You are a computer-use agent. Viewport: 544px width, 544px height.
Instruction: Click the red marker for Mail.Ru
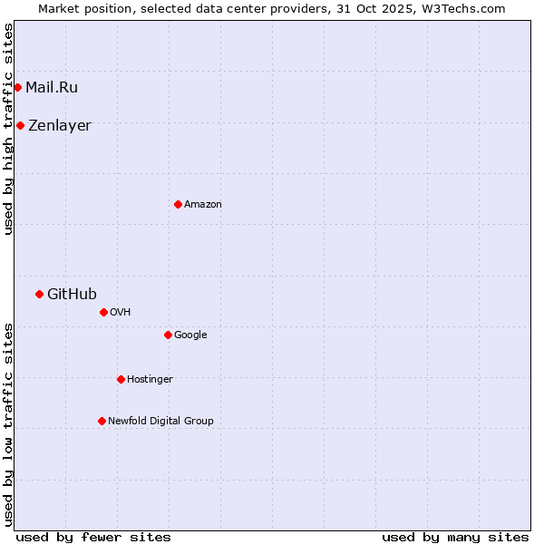click(17, 87)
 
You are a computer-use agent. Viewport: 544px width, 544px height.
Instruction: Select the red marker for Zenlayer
click(20, 125)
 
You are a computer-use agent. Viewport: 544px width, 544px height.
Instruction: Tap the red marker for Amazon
click(178, 204)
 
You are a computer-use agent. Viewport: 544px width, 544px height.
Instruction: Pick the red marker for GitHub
click(39, 294)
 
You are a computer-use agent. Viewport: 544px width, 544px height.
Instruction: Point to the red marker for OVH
click(103, 312)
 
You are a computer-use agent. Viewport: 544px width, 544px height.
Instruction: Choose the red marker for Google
click(168, 335)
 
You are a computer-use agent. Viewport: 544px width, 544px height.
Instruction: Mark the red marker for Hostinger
click(121, 379)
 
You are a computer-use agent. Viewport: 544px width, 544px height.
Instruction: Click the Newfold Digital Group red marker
click(102, 421)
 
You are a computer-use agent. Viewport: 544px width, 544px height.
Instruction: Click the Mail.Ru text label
click(52, 87)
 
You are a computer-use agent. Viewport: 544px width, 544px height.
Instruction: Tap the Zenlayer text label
click(60, 125)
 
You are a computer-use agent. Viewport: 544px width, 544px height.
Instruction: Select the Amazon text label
click(203, 204)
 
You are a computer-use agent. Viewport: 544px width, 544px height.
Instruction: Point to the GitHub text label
click(72, 294)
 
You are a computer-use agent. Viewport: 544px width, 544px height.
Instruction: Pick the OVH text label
click(121, 312)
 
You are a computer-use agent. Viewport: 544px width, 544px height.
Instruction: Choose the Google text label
click(190, 335)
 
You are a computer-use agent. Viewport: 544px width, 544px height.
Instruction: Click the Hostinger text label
click(150, 379)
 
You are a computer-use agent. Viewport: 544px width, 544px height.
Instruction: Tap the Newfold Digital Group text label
click(160, 421)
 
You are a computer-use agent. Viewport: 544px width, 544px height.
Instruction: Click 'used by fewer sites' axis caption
click(93, 537)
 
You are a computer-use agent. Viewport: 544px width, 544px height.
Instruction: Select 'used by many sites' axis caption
click(455, 537)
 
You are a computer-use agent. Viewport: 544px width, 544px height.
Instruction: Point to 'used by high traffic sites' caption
click(8, 129)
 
